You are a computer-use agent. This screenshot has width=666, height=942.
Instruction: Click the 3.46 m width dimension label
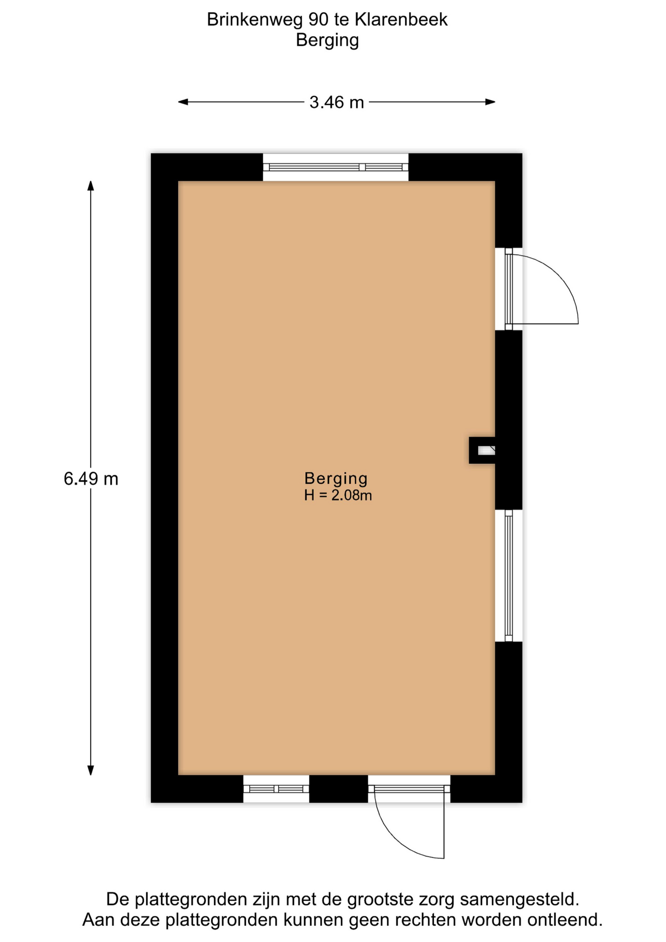pos(336,102)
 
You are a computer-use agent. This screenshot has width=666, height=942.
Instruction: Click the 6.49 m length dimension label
pos(91,478)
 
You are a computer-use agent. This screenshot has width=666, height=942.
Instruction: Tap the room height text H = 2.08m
pos(338,495)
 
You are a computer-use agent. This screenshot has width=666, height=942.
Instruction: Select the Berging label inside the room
pos(336,478)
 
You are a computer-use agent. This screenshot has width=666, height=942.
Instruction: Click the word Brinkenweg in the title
pos(255,20)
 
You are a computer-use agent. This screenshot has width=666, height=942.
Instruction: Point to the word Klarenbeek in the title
pos(401,20)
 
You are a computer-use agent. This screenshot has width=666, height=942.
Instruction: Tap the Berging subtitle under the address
pos(328,40)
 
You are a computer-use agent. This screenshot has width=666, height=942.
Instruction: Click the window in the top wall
pos(335,167)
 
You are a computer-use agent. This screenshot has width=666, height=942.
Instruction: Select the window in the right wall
pos(509,576)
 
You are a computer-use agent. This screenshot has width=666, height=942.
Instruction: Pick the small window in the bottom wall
pos(276,789)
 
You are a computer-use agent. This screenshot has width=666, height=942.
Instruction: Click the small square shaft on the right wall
pos(482,450)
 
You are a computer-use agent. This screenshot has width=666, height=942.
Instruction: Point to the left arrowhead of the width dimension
pos(183,102)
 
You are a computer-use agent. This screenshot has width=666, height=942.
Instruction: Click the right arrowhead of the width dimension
pos(490,102)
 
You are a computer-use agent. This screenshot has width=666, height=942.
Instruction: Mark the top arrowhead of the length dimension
pos(91,186)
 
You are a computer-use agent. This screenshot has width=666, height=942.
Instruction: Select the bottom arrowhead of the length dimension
pos(91,770)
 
